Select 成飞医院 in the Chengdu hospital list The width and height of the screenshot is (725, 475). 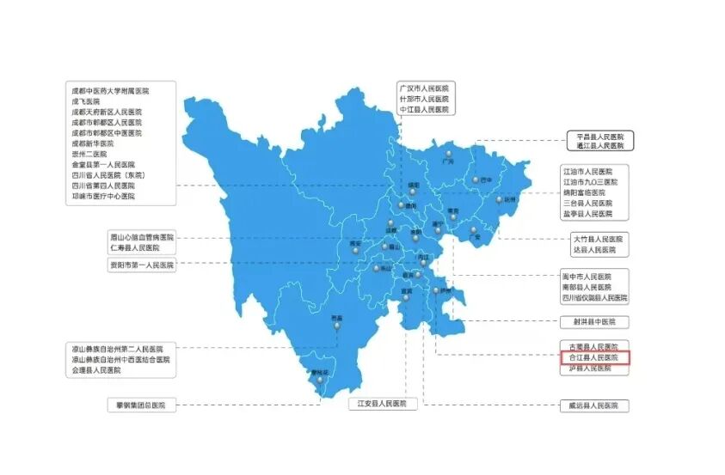tap(87, 101)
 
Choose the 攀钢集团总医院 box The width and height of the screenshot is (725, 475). tap(142, 405)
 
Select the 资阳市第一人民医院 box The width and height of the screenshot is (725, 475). tap(141, 265)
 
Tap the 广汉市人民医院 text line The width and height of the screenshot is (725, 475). tap(424, 88)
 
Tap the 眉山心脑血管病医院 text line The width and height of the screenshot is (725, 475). tap(142, 236)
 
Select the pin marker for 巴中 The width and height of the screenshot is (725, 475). tap(474, 179)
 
